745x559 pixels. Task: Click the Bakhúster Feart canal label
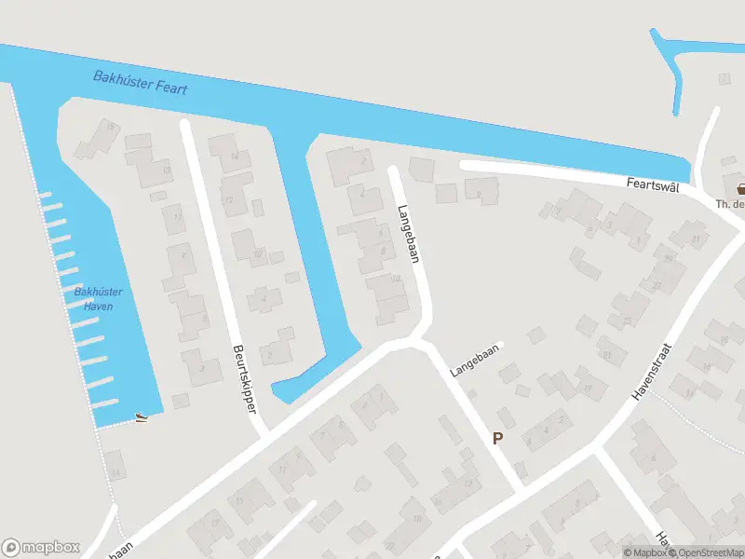pyautogui.click(x=141, y=82)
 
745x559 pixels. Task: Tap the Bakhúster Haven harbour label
pyautogui.click(x=98, y=299)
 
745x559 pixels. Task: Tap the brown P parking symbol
pyautogui.click(x=497, y=438)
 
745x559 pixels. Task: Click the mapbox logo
pyautogui.click(x=41, y=548)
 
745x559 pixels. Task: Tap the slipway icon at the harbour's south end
pyautogui.click(x=141, y=418)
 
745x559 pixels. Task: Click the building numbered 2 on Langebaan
pyautogui.click(x=359, y=161)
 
